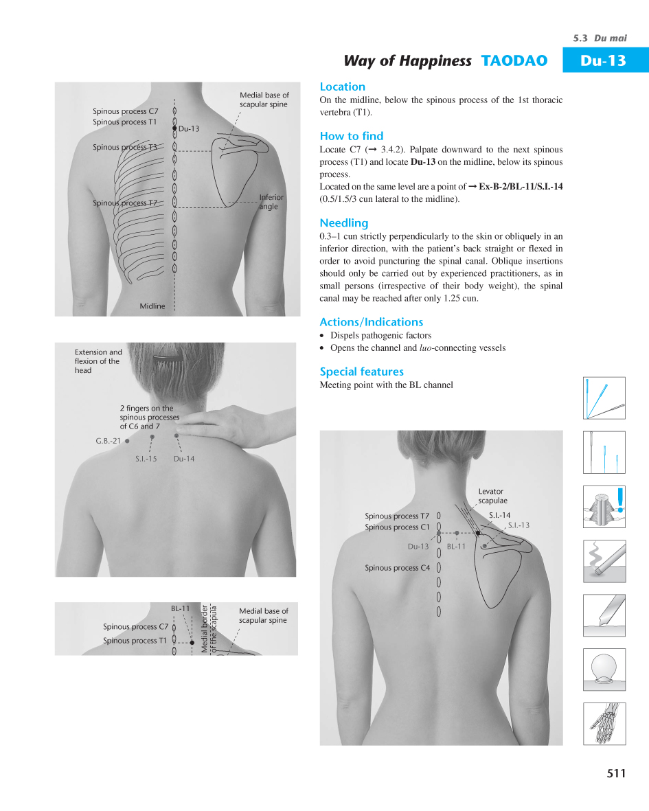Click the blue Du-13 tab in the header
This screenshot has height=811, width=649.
click(604, 60)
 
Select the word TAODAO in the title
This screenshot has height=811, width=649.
click(514, 60)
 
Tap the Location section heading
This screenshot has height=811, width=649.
click(342, 87)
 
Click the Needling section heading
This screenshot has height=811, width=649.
click(343, 222)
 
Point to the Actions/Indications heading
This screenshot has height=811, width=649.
click(371, 321)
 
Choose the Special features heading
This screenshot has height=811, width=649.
click(361, 372)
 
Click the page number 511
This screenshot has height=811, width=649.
click(616, 773)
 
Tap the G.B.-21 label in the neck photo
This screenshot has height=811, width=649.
click(108, 441)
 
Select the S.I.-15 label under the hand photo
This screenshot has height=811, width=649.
click(146, 459)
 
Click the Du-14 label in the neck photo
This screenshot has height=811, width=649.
click(184, 459)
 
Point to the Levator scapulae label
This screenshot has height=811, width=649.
click(492, 496)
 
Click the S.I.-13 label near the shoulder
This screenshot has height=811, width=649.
click(519, 525)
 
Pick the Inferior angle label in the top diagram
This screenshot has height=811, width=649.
click(271, 202)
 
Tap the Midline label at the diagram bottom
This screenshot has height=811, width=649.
click(152, 306)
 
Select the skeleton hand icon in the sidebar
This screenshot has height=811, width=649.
click(604, 723)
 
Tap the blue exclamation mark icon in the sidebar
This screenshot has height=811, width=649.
click(620, 500)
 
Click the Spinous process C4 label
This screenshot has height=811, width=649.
click(397, 568)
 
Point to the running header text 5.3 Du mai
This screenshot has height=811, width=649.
click(600, 38)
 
